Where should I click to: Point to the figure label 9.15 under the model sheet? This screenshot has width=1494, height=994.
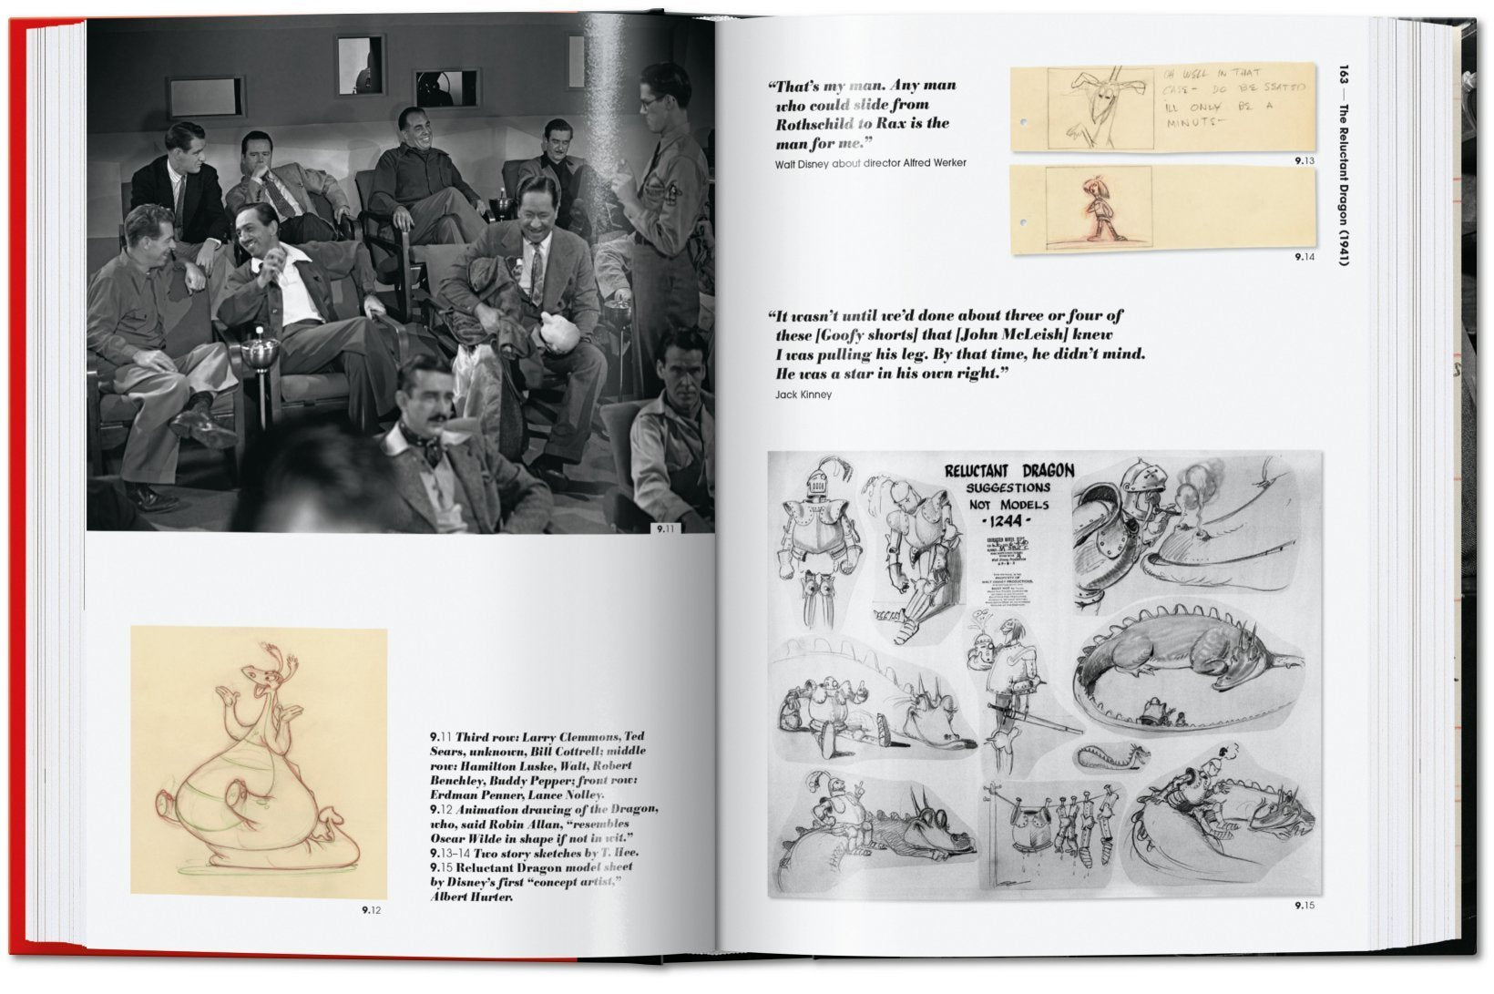tap(1304, 907)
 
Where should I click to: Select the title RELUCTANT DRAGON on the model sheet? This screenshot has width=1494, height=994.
tap(1008, 470)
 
